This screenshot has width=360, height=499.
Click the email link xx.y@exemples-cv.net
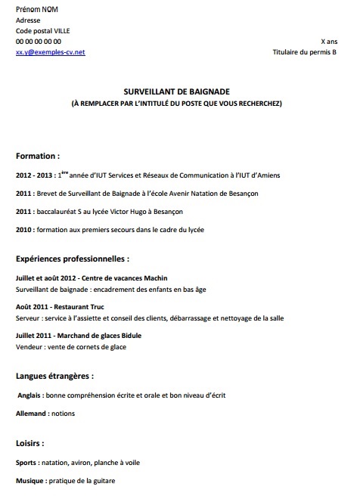point(50,52)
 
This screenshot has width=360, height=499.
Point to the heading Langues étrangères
point(54,375)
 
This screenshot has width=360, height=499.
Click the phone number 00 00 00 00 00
point(39,42)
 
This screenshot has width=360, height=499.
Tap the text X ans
point(329,42)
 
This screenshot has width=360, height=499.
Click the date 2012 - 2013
point(35,175)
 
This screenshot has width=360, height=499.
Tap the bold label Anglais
point(29,395)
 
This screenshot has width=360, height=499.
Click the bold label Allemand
point(33,414)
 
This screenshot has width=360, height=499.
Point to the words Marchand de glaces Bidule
point(104,335)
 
